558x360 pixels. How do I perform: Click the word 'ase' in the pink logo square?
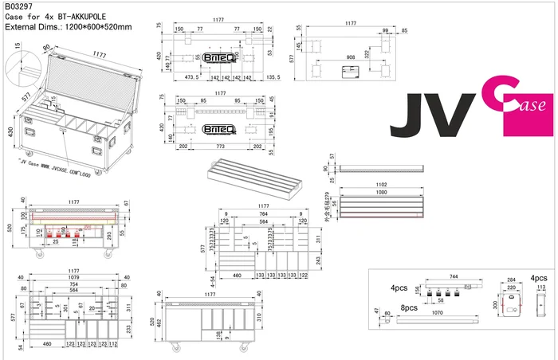coord(534,106)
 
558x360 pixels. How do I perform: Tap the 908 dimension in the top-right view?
coord(351,57)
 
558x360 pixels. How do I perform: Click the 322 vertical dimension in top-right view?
coord(367,54)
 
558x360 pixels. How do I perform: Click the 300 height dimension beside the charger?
coord(496,304)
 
